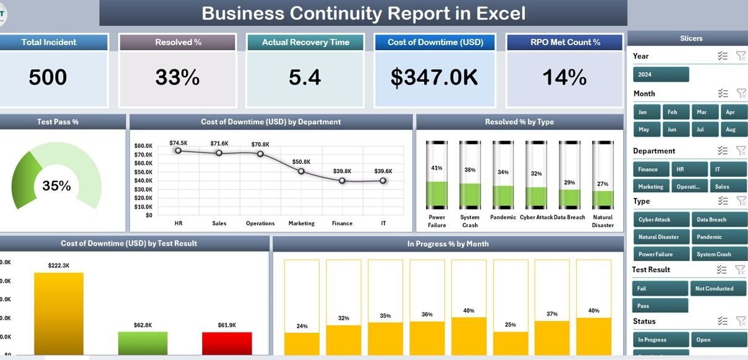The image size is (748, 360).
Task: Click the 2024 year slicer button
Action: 660,74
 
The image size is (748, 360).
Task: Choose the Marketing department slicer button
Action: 650,186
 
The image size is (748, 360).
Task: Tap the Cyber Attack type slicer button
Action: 661,220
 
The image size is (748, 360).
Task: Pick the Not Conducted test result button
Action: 719,288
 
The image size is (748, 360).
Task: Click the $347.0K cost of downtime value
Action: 434,77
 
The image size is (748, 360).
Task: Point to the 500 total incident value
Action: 48,77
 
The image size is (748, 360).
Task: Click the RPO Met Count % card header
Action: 564,42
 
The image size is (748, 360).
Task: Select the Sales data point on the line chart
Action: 219,153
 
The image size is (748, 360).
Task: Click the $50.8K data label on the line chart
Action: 302,161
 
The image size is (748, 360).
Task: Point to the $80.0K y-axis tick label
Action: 143,146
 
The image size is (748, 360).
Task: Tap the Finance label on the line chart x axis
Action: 342,223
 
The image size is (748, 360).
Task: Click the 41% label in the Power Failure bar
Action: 437,168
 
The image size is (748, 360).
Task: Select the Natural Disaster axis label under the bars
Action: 603,221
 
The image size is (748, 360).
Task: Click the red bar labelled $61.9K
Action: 227,343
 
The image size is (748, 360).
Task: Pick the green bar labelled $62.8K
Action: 143,343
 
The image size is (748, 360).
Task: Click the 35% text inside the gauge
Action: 56,186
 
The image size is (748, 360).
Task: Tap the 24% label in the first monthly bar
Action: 302,326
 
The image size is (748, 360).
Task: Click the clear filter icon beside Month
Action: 741,93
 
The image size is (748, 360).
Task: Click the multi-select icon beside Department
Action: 722,150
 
